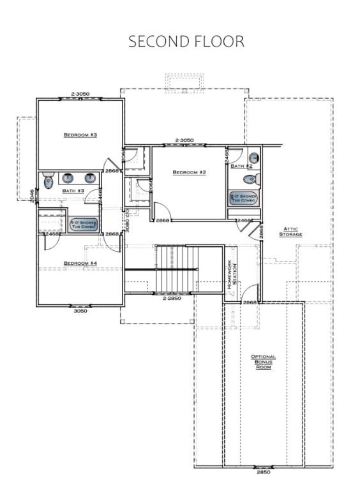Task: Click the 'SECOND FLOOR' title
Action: coord(186,41)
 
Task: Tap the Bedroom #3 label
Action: coord(80,135)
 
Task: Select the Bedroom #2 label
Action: coord(189,172)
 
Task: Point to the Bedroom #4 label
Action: coord(80,263)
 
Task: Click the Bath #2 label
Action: coord(242,166)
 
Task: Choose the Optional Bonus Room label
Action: coord(264,362)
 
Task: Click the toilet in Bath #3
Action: coord(49,182)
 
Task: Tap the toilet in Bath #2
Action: coord(253,158)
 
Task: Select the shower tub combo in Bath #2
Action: coord(243,198)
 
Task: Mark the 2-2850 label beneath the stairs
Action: coord(172,299)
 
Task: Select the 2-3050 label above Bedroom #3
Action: coord(80,94)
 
